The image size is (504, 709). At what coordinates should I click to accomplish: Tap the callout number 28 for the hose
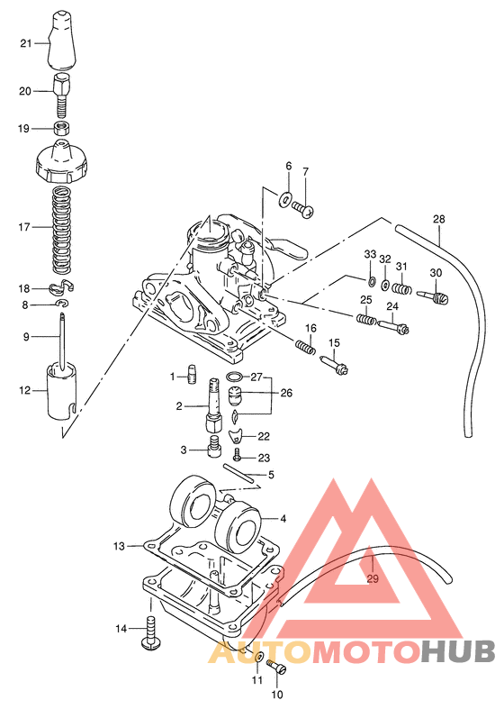tap(438, 219)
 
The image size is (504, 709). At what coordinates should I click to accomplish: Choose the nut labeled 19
tap(61, 129)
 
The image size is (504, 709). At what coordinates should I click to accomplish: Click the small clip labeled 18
tap(61, 287)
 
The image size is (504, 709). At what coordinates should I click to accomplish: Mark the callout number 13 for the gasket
tap(119, 546)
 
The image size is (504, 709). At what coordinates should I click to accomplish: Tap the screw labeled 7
tap(304, 208)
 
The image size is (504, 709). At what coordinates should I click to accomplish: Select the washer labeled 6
tap(286, 197)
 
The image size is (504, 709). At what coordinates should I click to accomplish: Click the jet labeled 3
tap(213, 446)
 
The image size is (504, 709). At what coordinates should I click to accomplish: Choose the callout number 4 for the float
tap(283, 518)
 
